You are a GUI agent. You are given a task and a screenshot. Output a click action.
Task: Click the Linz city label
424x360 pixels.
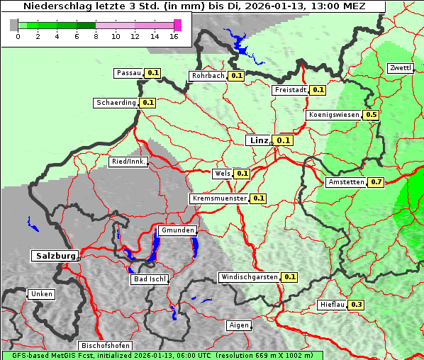click(259, 140)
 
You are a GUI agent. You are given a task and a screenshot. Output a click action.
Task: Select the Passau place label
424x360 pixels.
click(129, 73)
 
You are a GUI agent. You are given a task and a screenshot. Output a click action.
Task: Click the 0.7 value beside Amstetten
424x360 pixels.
click(376, 182)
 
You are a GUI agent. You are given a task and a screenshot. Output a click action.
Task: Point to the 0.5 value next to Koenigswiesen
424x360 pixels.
click(371, 115)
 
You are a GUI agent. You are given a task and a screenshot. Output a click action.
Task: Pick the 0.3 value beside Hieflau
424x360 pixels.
click(356, 305)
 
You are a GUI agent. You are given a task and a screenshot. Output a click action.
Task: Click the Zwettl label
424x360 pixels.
click(400, 68)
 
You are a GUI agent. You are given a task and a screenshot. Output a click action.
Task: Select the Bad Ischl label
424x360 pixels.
click(150, 279)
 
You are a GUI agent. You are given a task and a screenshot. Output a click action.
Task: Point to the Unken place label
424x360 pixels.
click(41, 293)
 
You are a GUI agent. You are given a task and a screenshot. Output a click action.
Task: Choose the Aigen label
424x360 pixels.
click(239, 325)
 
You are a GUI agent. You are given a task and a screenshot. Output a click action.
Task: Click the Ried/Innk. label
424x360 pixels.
click(128, 162)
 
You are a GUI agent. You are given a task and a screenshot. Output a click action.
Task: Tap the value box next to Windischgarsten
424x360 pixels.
click(289, 277)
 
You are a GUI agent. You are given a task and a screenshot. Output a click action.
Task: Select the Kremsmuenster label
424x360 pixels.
click(219, 198)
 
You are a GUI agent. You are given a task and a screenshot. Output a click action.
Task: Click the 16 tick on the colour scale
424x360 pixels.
click(174, 36)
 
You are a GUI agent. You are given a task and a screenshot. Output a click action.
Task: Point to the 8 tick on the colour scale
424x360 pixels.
click(96, 36)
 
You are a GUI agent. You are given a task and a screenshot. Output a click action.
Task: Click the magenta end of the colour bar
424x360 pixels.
click(177, 25)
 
